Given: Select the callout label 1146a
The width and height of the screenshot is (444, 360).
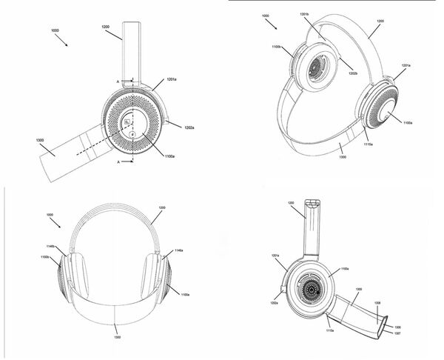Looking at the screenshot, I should [179, 251].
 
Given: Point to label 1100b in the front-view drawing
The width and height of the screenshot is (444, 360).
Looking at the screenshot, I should [45, 257].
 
